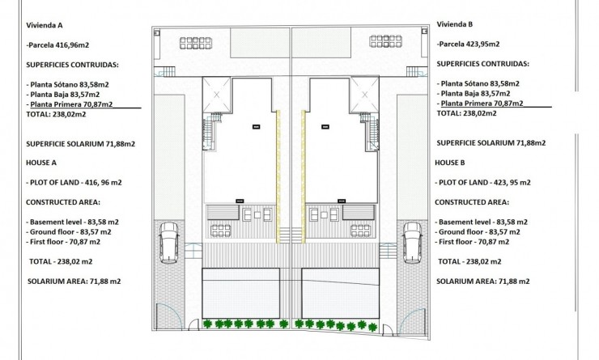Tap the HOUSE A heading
point(43,163)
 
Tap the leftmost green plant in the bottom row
point(206,325)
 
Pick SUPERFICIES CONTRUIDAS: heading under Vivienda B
point(482,63)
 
